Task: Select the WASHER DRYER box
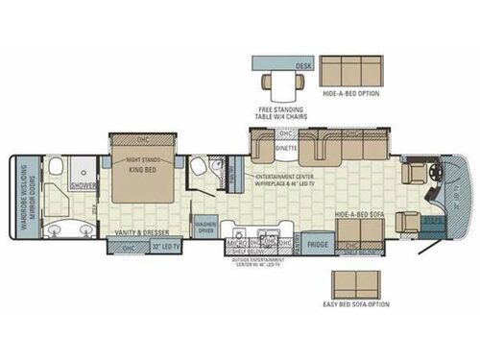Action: click(205, 229)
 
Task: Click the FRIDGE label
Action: click(319, 244)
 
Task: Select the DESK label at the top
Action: click(302, 67)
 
